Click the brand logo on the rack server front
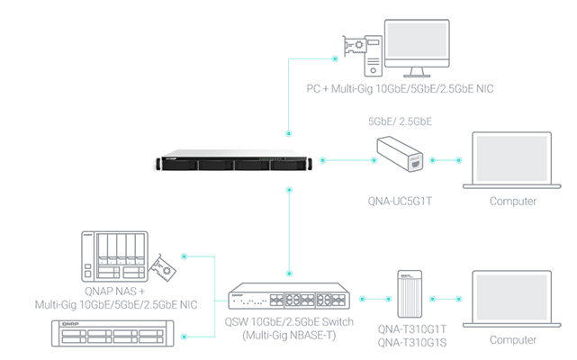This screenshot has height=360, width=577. [167, 162]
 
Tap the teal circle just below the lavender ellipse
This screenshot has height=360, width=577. [446, 158]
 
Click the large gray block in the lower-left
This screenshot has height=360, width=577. [99, 261]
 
